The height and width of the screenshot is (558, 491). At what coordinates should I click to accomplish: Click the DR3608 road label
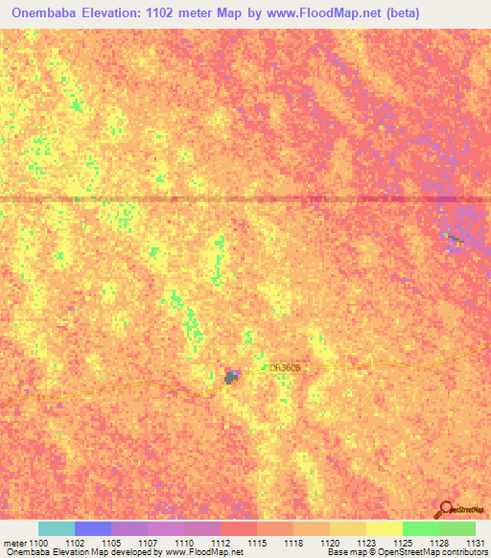click(x=285, y=367)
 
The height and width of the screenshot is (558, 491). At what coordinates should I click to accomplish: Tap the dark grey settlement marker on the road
click(x=232, y=378)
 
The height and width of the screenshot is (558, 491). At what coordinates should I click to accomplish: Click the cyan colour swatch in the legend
click(x=57, y=528)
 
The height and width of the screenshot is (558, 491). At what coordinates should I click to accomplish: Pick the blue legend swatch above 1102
click(x=93, y=528)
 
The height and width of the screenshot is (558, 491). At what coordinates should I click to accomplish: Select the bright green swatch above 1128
click(x=421, y=528)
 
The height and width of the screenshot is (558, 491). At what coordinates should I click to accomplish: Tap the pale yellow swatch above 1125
click(x=385, y=528)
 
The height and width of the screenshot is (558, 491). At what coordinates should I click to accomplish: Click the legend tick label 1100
click(x=38, y=543)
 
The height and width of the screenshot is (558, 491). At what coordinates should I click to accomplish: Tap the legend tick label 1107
click(x=147, y=543)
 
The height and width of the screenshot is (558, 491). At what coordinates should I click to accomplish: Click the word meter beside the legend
click(x=14, y=543)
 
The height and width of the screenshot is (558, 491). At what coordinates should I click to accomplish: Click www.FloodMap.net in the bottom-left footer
click(x=203, y=553)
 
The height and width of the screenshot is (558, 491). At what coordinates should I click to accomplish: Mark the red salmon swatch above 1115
click(x=239, y=528)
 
